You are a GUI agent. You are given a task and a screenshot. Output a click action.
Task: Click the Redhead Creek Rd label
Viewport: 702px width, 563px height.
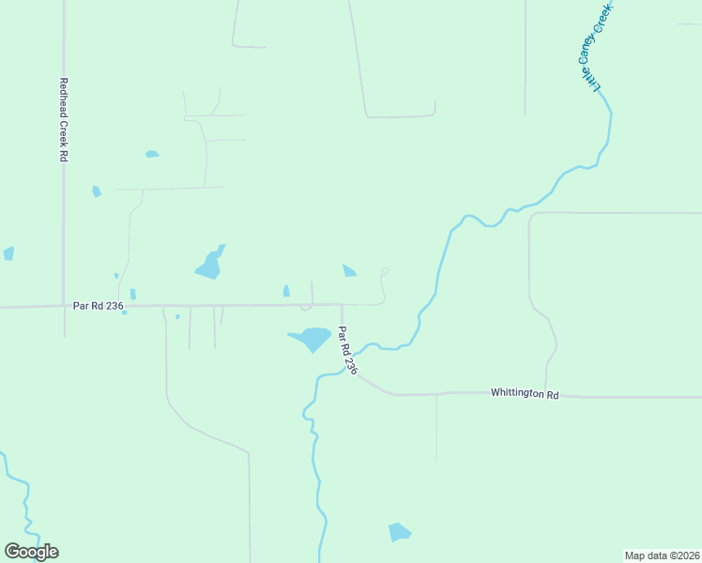pyautogui.click(x=64, y=120)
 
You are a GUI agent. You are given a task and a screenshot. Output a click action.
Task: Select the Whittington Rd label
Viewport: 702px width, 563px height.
pyautogui.click(x=525, y=394)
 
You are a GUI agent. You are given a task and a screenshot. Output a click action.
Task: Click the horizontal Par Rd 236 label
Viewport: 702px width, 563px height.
pyautogui.click(x=99, y=305)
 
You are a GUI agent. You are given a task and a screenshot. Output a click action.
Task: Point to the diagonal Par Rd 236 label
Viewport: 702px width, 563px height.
pyautogui.click(x=348, y=351)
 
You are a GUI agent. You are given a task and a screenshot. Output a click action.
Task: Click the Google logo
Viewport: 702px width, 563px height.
pyautogui.click(x=31, y=552)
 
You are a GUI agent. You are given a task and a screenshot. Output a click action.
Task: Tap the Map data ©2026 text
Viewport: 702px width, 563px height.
pyautogui.click(x=662, y=555)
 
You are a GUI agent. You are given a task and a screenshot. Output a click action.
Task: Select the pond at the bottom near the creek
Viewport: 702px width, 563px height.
pyautogui.click(x=399, y=532)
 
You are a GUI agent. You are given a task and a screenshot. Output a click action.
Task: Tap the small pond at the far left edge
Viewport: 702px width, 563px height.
pyautogui.click(x=8, y=253)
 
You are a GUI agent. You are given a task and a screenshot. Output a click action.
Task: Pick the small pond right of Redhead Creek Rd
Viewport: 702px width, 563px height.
pyautogui.click(x=97, y=191)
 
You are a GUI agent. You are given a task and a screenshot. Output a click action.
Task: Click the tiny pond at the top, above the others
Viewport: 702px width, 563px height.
pyautogui.click(x=151, y=154)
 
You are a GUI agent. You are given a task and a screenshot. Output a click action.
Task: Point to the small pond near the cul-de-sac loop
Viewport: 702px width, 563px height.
pyautogui.click(x=349, y=271)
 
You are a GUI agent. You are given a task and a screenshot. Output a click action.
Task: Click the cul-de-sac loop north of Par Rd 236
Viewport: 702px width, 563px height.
pyautogui.click(x=384, y=273)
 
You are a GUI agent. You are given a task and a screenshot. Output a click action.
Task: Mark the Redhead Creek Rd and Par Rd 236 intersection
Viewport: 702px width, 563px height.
pyautogui.click(x=64, y=306)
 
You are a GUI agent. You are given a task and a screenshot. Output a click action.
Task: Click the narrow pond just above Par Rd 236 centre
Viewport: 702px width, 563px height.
pyautogui.click(x=286, y=291)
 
